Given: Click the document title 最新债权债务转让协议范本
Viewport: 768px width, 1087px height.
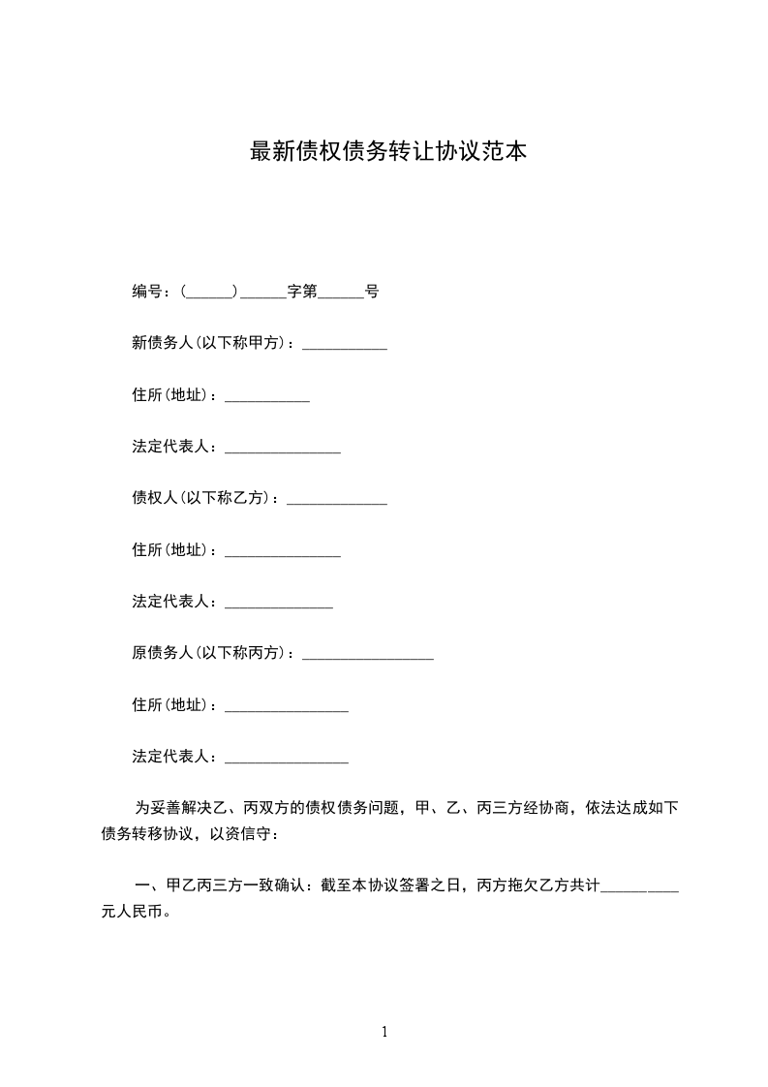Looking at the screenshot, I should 388,152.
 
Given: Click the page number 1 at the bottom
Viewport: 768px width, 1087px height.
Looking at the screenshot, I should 384,1033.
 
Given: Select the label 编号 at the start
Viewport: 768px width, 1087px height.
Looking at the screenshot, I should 148,292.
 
